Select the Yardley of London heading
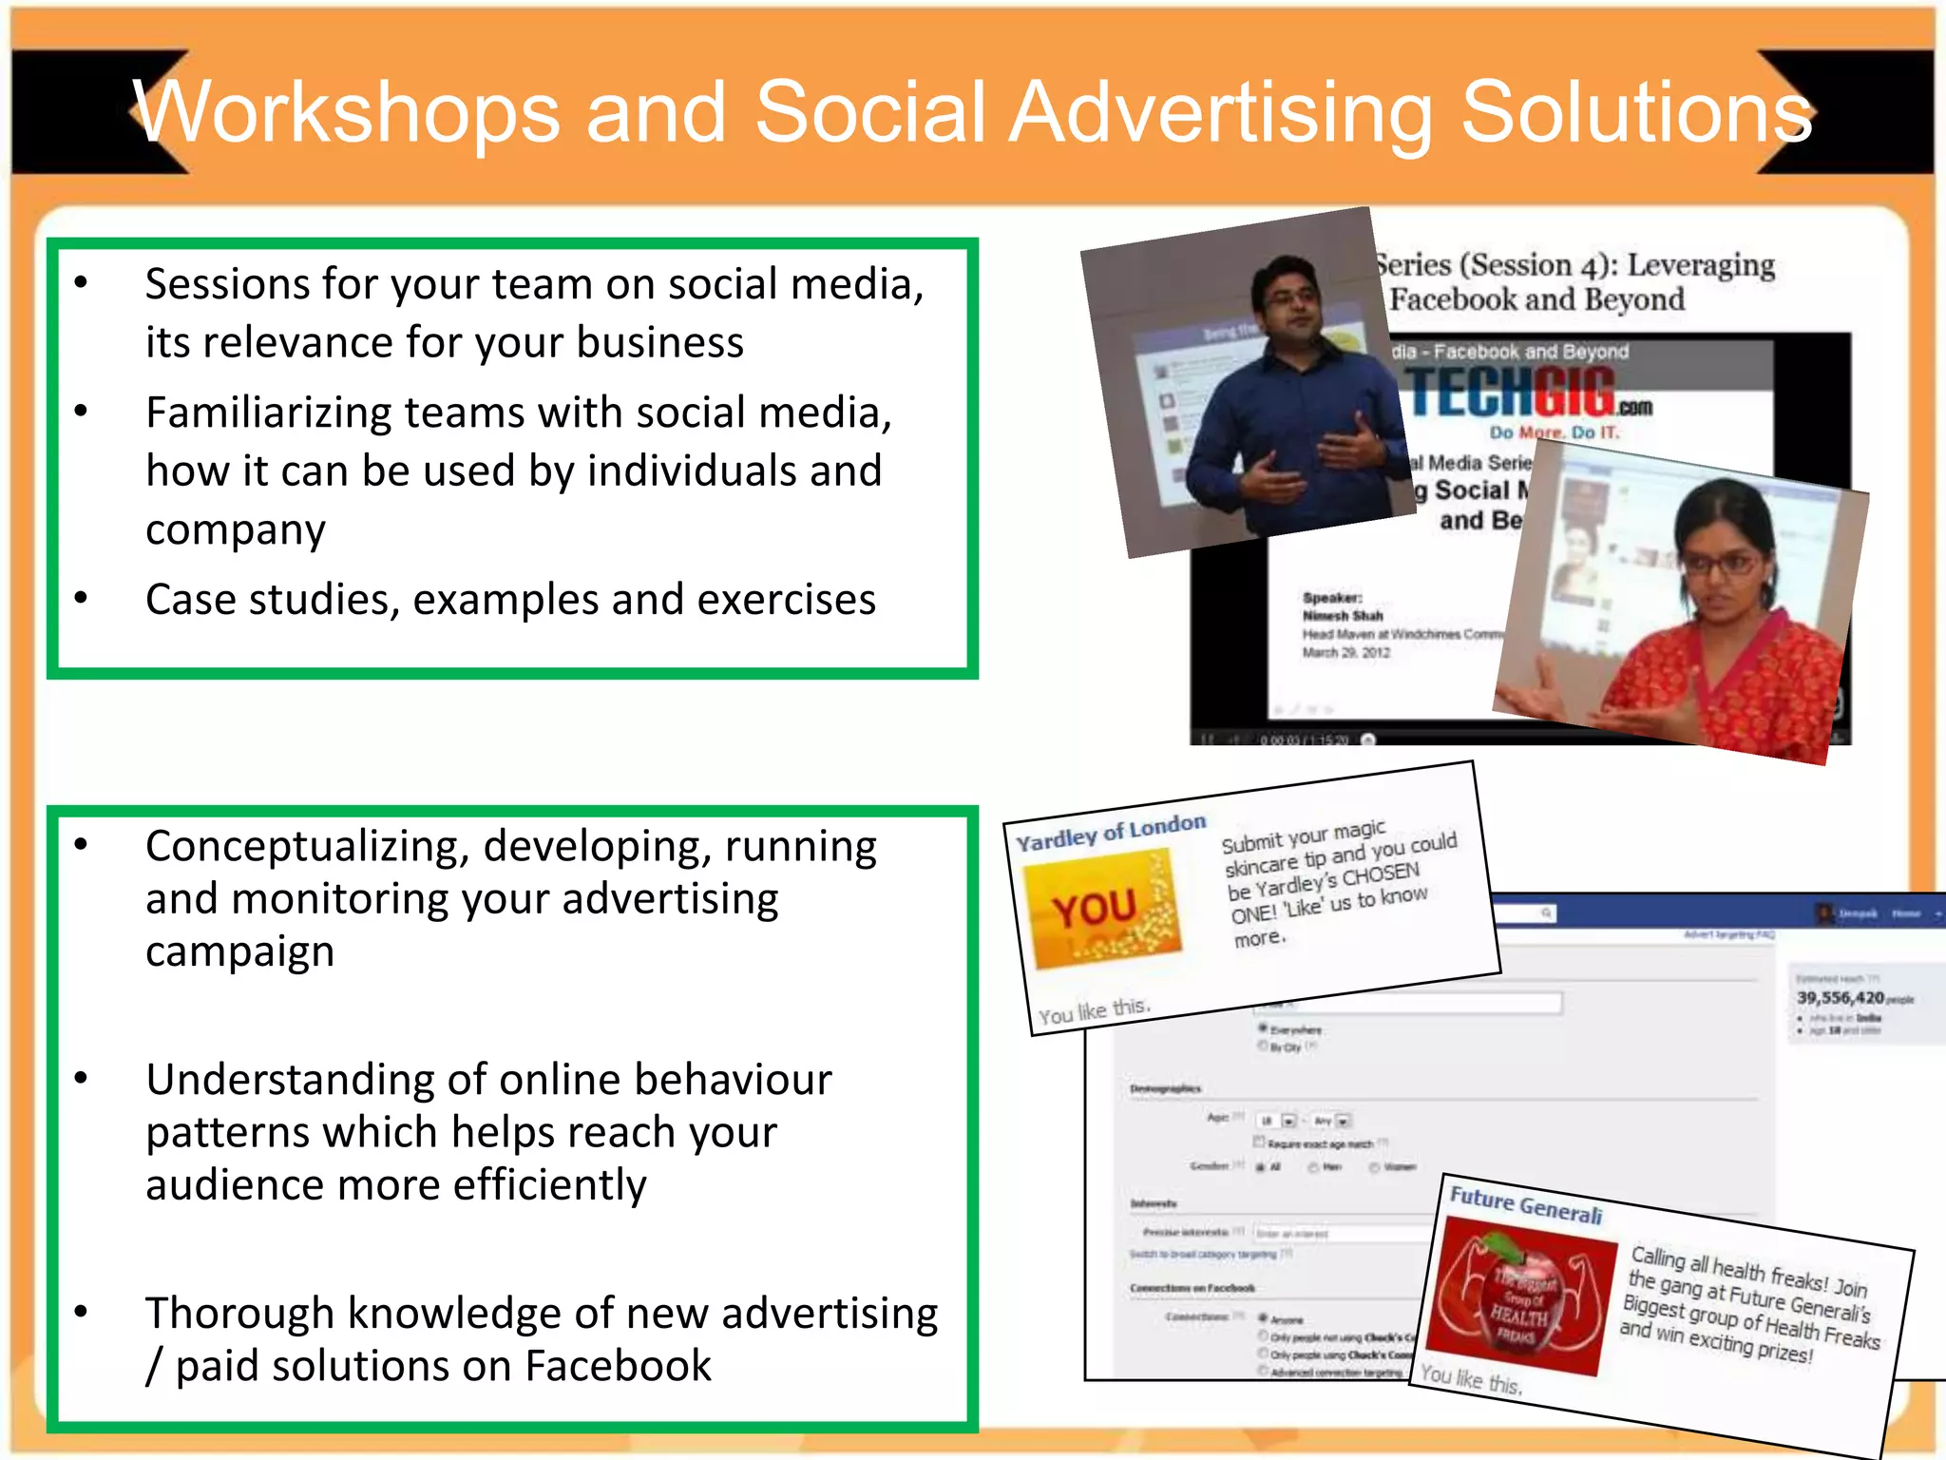click(1110, 833)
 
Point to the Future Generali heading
click(1525, 1205)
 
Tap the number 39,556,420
click(1840, 997)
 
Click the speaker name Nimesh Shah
click(1343, 616)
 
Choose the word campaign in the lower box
click(239, 951)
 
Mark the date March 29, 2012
click(1345, 653)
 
